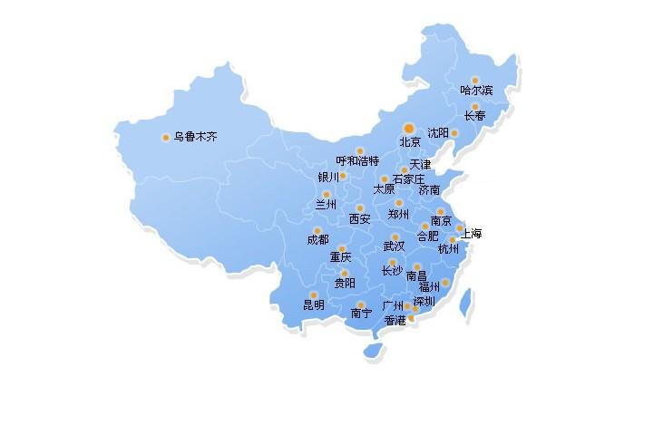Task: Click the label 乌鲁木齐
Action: coord(195,138)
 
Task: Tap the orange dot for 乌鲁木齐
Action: coord(165,138)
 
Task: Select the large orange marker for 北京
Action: coord(409,128)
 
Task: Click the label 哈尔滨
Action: coord(476,91)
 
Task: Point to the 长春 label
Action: coord(474,116)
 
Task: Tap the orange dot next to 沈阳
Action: coord(454,133)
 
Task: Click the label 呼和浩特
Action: coord(357,161)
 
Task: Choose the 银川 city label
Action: coord(327,177)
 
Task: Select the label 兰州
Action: coord(326,205)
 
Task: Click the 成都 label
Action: coord(317,240)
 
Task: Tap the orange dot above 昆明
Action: coord(314,294)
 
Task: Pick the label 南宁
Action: coord(361,314)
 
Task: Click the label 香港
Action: coord(395,320)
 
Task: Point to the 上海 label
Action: coord(472,234)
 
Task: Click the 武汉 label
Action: coord(394,246)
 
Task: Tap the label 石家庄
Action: coord(408,179)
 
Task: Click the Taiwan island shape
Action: coord(466,303)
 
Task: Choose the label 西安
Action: coord(360,219)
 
